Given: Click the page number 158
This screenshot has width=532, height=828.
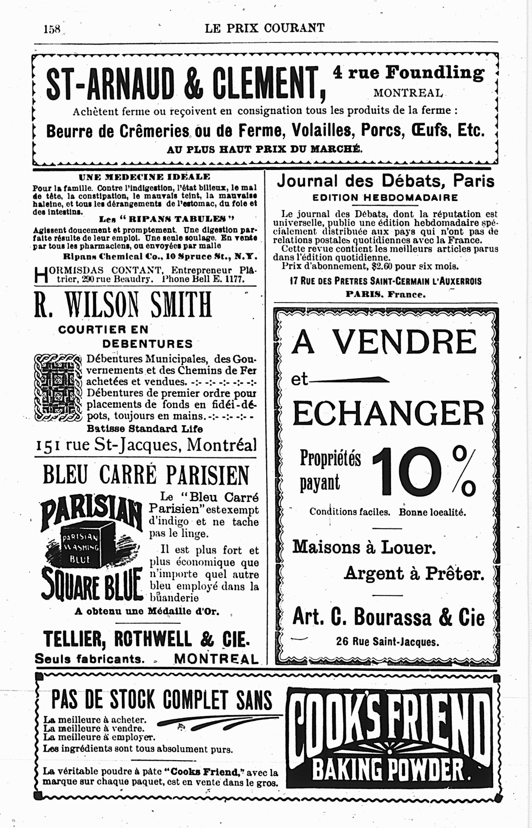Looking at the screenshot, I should (x=52, y=29).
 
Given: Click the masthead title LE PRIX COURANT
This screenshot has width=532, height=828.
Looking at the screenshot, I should (x=265, y=28).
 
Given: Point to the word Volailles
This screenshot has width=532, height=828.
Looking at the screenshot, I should (x=321, y=131).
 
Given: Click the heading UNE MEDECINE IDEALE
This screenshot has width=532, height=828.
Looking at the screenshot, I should (x=144, y=177).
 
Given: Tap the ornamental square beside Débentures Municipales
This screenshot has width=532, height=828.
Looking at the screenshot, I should (x=58, y=388).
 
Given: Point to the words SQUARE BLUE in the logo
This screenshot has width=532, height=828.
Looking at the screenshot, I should (x=91, y=584).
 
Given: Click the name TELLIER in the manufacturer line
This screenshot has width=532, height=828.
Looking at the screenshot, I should (x=75, y=639).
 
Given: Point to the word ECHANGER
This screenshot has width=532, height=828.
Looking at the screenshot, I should (x=388, y=414).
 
